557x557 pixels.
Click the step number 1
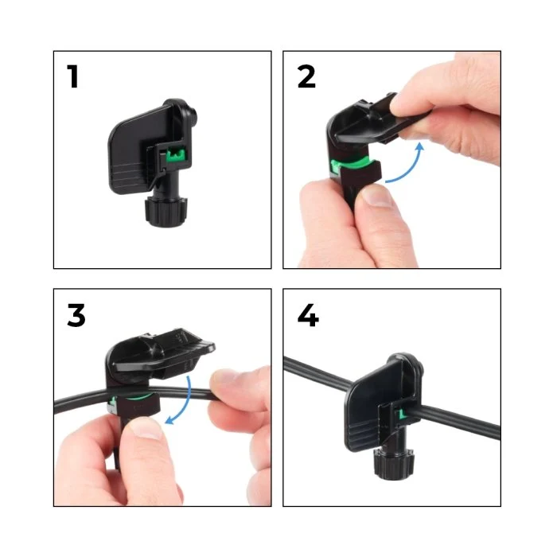pyautogui.click(x=73, y=76)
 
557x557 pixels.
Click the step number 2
pyautogui.click(x=306, y=76)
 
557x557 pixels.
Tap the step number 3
pyautogui.click(x=76, y=315)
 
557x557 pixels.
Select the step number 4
pyautogui.click(x=308, y=315)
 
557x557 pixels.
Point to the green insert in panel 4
pyautogui.click(x=403, y=414)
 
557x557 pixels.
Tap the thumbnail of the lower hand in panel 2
pyautogui.click(x=378, y=196)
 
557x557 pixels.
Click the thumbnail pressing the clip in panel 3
pyautogui.click(x=146, y=429)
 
